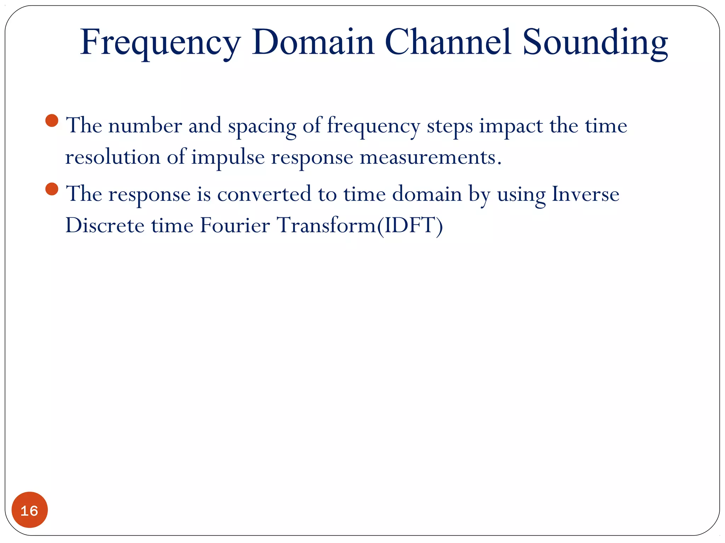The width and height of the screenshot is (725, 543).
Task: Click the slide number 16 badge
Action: click(29, 510)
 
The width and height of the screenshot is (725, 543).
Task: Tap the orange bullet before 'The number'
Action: click(52, 121)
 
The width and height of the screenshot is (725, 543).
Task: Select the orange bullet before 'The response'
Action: click(52, 189)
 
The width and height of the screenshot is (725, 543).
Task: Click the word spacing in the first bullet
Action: click(262, 126)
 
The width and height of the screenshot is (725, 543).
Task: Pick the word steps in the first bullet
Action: click(450, 126)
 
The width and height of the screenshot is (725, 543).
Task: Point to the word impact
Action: click(511, 126)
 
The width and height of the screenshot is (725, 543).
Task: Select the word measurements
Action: click(430, 157)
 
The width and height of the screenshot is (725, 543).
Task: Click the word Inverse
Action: click(586, 194)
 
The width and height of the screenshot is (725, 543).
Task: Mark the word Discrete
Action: click(105, 225)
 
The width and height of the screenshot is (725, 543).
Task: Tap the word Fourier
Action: click(235, 225)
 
